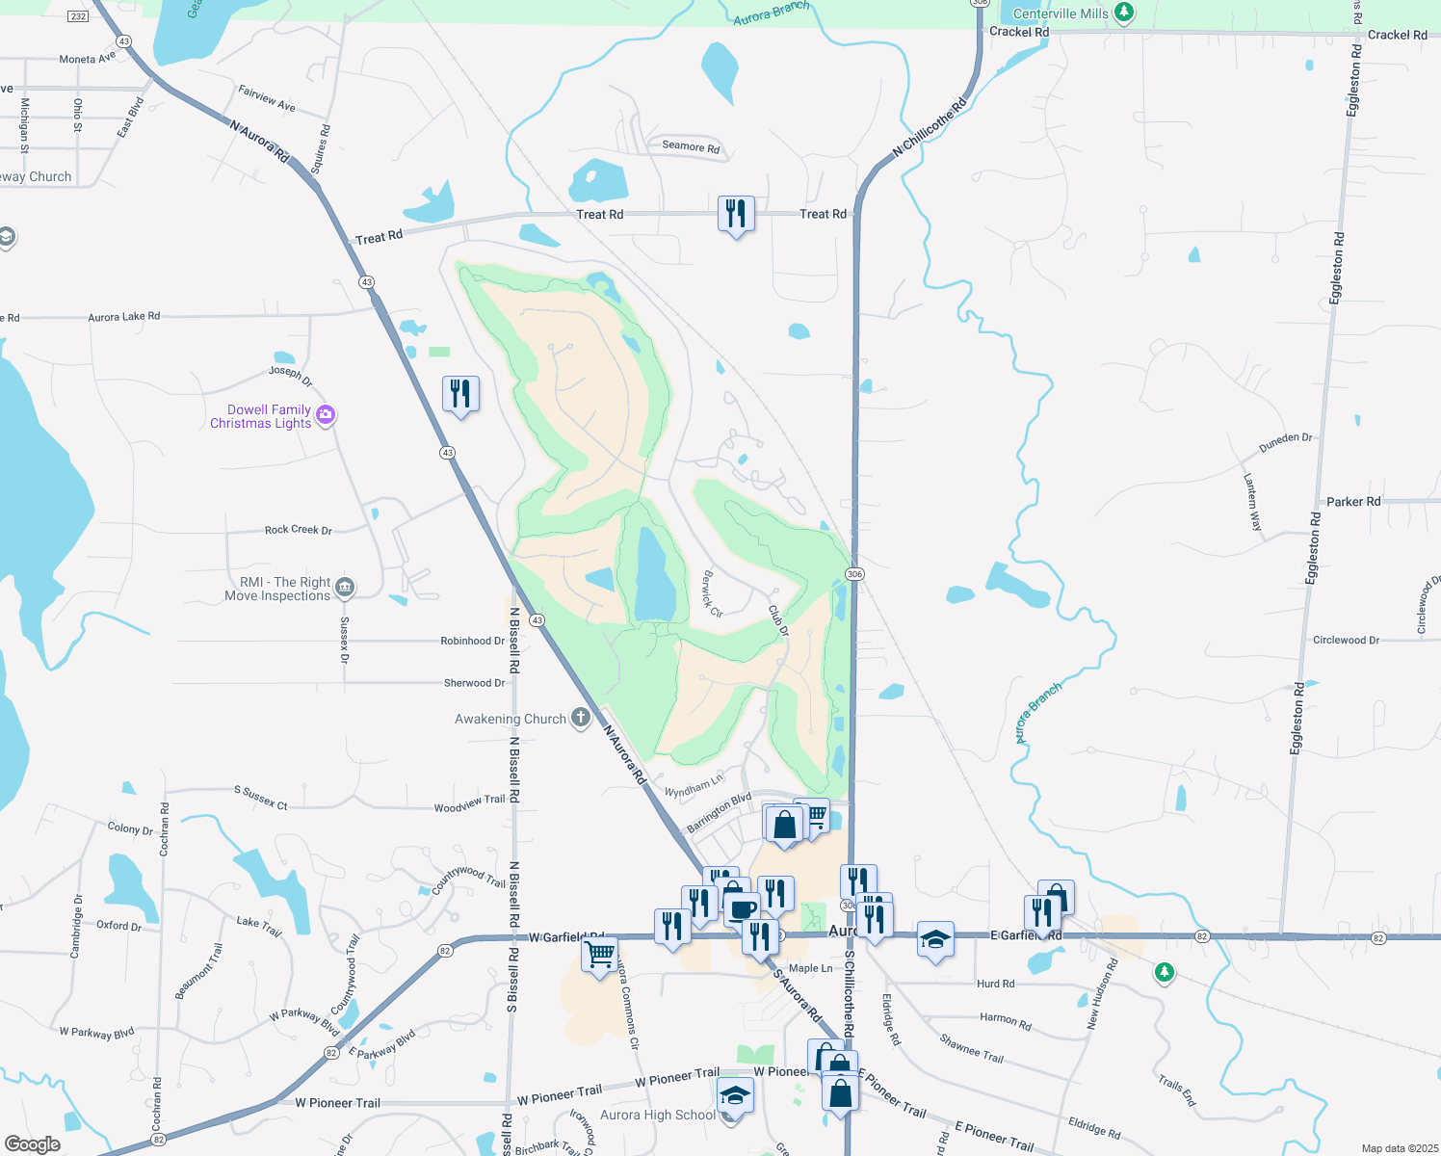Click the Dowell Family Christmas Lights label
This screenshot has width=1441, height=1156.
click(x=260, y=416)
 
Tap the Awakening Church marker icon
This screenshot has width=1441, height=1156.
click(x=580, y=718)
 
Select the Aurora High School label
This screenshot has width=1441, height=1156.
click(x=658, y=1115)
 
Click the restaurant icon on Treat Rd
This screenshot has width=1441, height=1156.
click(x=736, y=214)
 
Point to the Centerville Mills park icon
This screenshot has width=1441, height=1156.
click(x=1123, y=13)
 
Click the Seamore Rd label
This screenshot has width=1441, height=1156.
click(x=691, y=146)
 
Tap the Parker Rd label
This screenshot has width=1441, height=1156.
click(x=1352, y=501)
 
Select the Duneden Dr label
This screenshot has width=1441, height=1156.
click(x=1285, y=442)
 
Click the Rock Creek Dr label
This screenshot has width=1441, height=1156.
click(x=298, y=530)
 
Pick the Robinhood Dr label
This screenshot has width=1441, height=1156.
click(x=472, y=641)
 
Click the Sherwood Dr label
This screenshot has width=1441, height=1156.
click(x=474, y=683)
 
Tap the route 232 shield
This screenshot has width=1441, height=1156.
click(x=79, y=16)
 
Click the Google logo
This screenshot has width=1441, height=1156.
click(x=33, y=1143)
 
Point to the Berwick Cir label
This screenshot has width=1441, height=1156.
click(x=712, y=593)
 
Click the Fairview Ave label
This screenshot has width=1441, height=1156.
click(x=267, y=97)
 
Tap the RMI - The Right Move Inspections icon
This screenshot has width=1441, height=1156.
click(x=345, y=587)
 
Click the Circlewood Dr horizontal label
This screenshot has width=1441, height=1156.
click(x=1346, y=640)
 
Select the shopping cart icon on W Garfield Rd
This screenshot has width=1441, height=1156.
click(x=600, y=956)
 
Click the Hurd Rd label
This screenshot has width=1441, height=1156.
click(x=995, y=984)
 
